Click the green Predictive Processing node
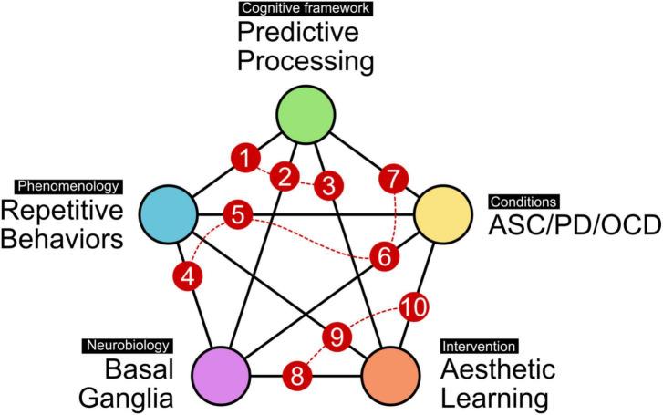click(x=306, y=115)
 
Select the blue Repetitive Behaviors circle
click(x=169, y=214)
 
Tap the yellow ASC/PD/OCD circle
click(x=442, y=214)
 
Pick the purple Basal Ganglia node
click(x=221, y=376)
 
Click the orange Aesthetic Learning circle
click(x=390, y=376)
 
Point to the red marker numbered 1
click(x=245, y=159)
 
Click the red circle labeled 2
click(x=285, y=176)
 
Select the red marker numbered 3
click(x=328, y=186)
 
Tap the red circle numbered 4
click(x=188, y=277)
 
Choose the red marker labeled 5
click(x=238, y=214)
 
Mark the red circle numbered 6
click(x=384, y=256)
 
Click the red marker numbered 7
click(x=394, y=179)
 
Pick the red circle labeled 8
click(x=296, y=376)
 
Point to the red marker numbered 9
click(x=337, y=337)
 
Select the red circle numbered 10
click(x=414, y=306)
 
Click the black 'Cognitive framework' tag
click(x=306, y=8)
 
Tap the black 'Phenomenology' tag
click(x=69, y=187)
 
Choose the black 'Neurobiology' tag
click(x=128, y=346)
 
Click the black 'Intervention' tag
click(x=479, y=347)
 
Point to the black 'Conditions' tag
click(x=523, y=202)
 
